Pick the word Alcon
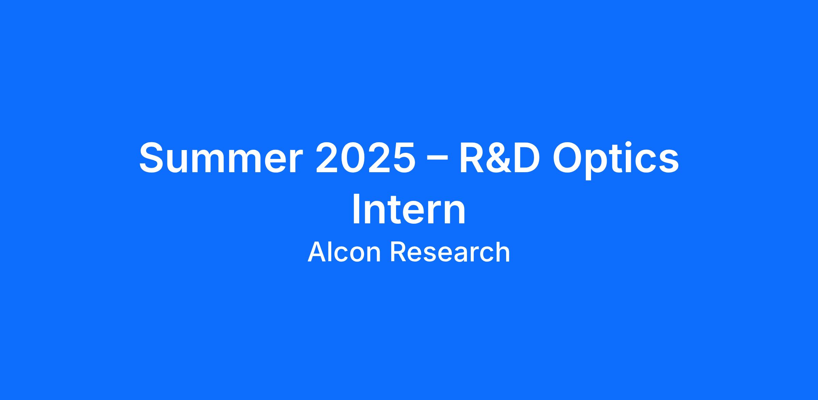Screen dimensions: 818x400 click(x=344, y=252)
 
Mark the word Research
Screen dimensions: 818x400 click(x=450, y=252)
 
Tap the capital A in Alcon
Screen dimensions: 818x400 click(x=318, y=252)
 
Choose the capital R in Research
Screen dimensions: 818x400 click(x=398, y=252)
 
